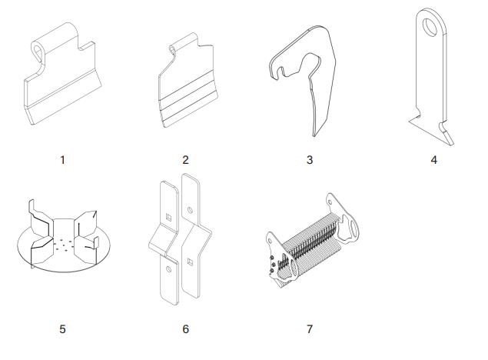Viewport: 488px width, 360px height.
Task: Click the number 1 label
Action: [62, 160]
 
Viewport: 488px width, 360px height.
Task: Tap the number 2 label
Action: [185, 160]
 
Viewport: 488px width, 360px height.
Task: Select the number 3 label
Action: [310, 160]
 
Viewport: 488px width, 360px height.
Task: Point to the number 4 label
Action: [434, 160]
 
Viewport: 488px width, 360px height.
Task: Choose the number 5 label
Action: [62, 329]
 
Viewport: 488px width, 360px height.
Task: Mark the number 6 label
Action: [185, 329]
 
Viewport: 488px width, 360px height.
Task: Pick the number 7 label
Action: [310, 329]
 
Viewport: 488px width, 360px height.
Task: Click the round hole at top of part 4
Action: [430, 27]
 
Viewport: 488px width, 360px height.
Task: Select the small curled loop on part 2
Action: [172, 50]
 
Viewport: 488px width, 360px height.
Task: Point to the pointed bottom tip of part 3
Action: [314, 136]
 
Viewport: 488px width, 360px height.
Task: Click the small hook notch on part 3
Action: [281, 72]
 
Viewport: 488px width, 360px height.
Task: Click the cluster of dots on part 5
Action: [64, 245]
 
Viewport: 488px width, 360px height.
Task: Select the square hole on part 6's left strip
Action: [168, 217]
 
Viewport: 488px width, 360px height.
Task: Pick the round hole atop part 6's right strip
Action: [190, 211]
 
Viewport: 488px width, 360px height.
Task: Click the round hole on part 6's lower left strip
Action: [169, 269]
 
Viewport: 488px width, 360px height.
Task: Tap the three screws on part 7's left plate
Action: [272, 264]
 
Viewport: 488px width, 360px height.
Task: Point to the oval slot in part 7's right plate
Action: [354, 229]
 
